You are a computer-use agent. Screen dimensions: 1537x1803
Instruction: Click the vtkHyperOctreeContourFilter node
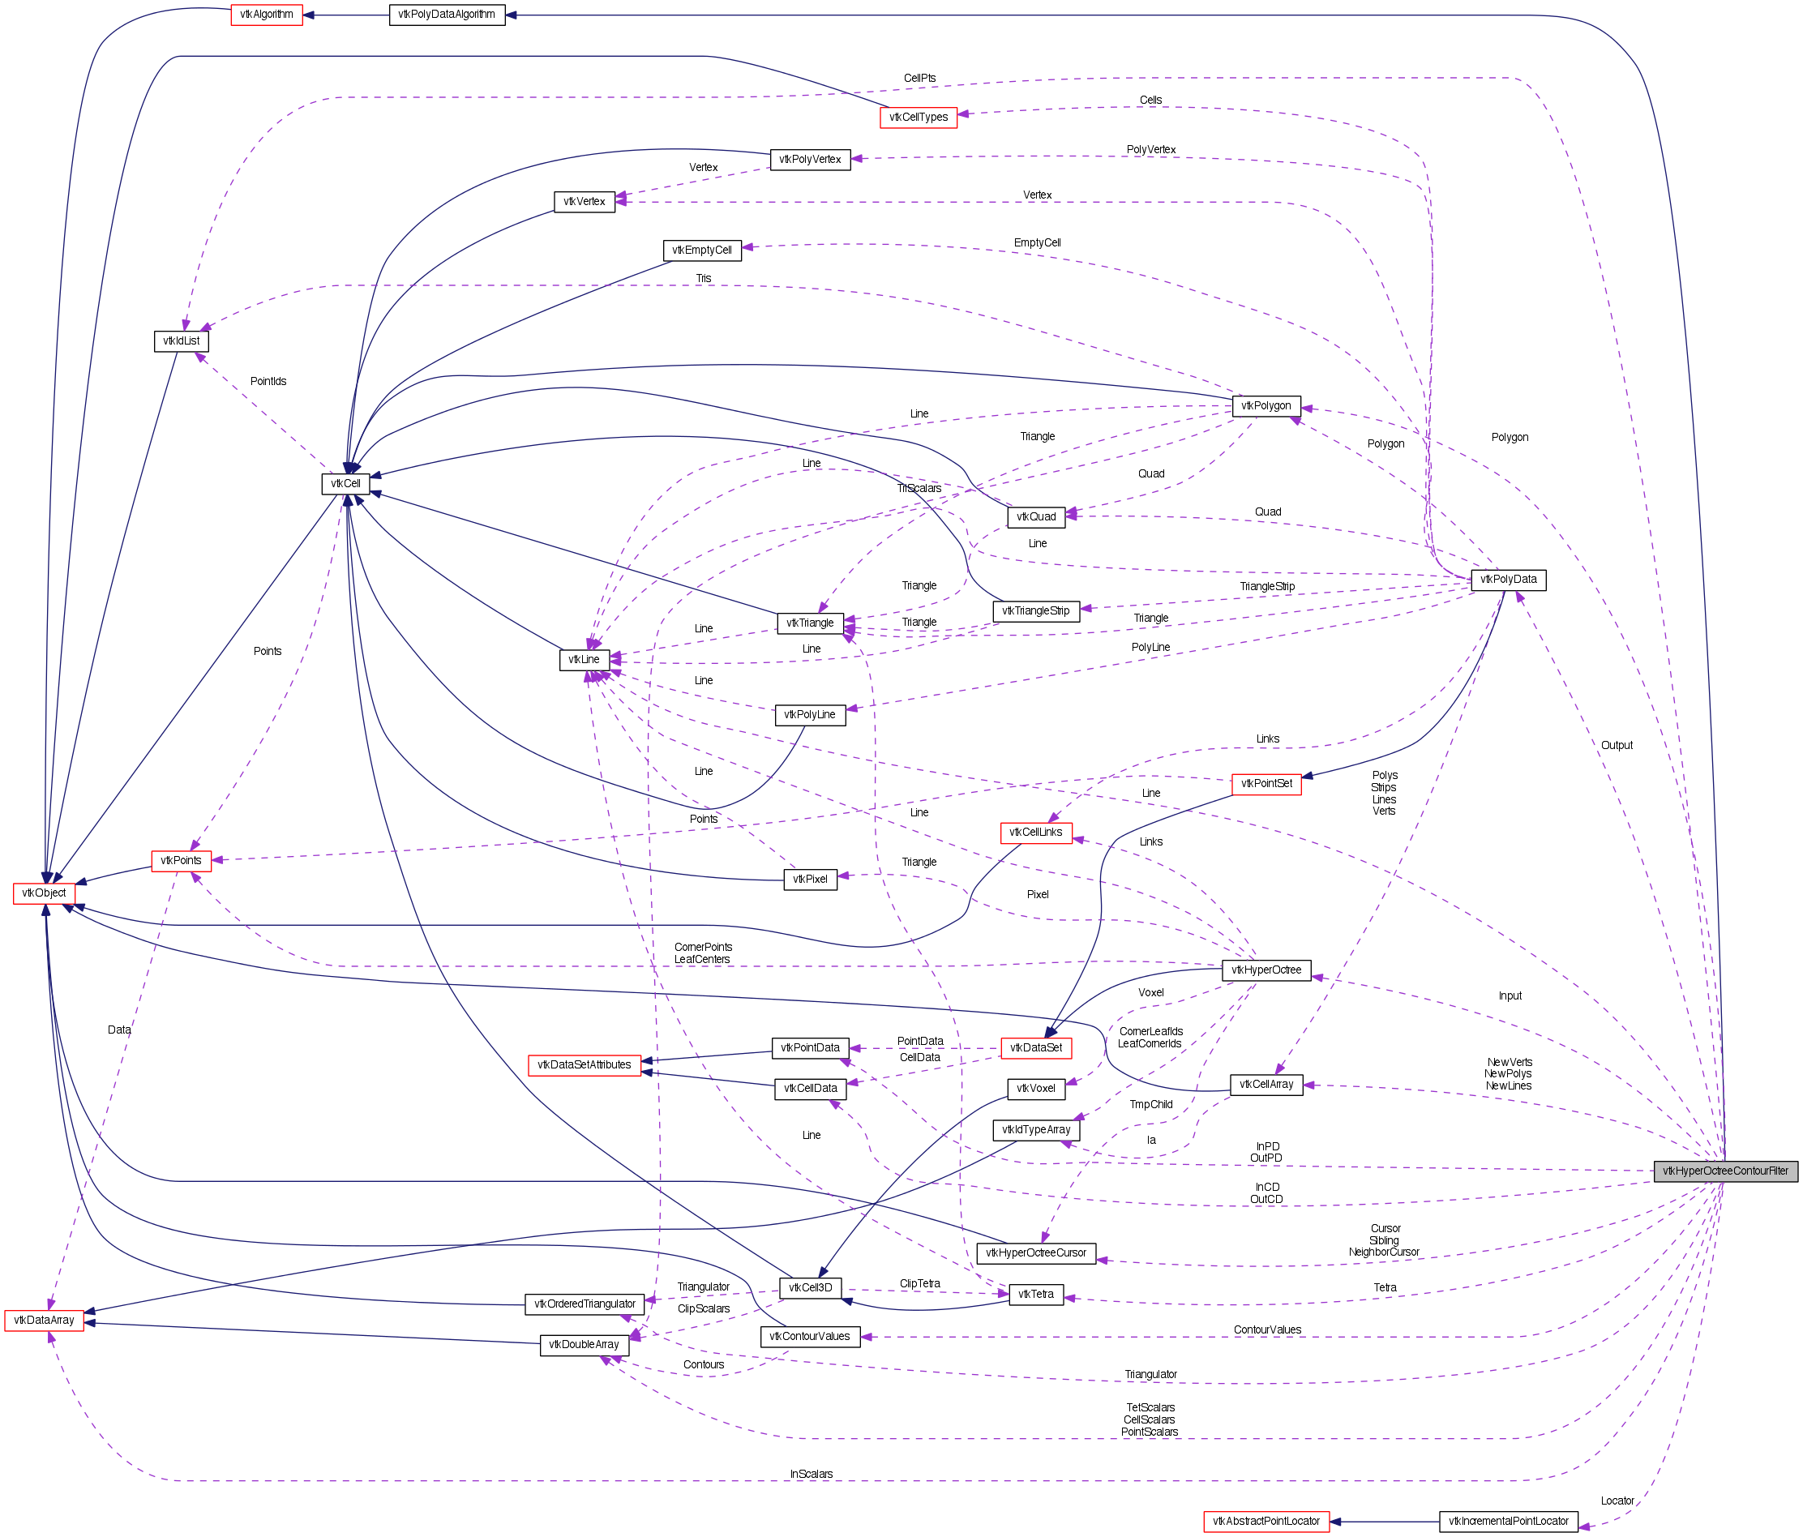[1724, 1171]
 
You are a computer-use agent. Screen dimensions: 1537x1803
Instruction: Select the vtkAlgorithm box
[266, 15]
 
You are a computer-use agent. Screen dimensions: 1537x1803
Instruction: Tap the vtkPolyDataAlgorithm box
[447, 15]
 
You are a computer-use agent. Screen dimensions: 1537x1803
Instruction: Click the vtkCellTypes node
[918, 118]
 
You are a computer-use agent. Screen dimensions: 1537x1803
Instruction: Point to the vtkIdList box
[181, 341]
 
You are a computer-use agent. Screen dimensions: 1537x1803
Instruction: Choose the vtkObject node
[45, 893]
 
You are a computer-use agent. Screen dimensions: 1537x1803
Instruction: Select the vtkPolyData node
[1508, 580]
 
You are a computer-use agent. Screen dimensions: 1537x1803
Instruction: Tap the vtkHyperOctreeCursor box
[1035, 1253]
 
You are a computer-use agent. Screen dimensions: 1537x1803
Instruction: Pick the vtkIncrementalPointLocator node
[1508, 1522]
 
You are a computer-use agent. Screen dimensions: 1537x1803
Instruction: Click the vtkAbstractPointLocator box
[1266, 1522]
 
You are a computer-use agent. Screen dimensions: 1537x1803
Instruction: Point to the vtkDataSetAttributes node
[584, 1064]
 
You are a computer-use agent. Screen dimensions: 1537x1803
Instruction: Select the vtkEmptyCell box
[702, 250]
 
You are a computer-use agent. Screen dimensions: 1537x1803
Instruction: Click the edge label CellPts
[919, 79]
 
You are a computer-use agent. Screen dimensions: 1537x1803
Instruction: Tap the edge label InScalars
[811, 1475]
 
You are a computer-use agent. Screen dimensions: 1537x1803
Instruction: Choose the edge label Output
[1617, 746]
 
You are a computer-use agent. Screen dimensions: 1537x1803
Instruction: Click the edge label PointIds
[268, 381]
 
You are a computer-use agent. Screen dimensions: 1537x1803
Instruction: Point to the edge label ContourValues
[1267, 1329]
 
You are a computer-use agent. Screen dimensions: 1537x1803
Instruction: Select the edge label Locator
[1617, 1501]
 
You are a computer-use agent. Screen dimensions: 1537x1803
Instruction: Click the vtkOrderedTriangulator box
[585, 1304]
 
